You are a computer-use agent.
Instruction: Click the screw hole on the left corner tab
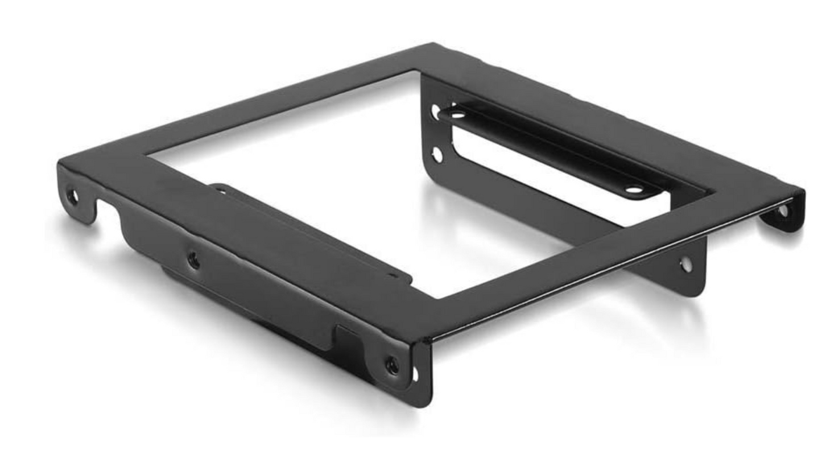(x=72, y=196)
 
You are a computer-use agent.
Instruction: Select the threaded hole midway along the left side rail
(x=193, y=261)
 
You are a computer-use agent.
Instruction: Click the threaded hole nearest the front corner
(x=392, y=365)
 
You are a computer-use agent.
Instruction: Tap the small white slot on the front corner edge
(x=415, y=374)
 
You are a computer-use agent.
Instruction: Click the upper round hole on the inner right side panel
(x=436, y=112)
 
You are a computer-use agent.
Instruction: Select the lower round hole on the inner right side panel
(x=437, y=154)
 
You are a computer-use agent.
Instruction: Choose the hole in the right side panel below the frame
(x=686, y=263)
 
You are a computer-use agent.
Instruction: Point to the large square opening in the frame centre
(x=353, y=188)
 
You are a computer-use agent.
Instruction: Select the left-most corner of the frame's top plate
(x=60, y=165)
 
